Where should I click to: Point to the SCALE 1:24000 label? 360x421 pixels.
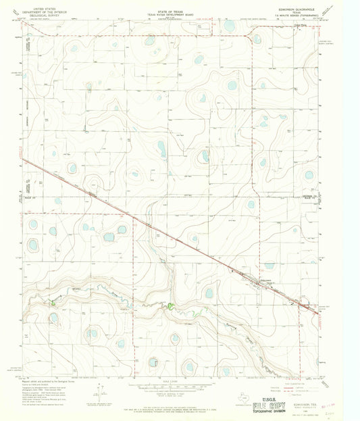[x=180, y=382]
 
